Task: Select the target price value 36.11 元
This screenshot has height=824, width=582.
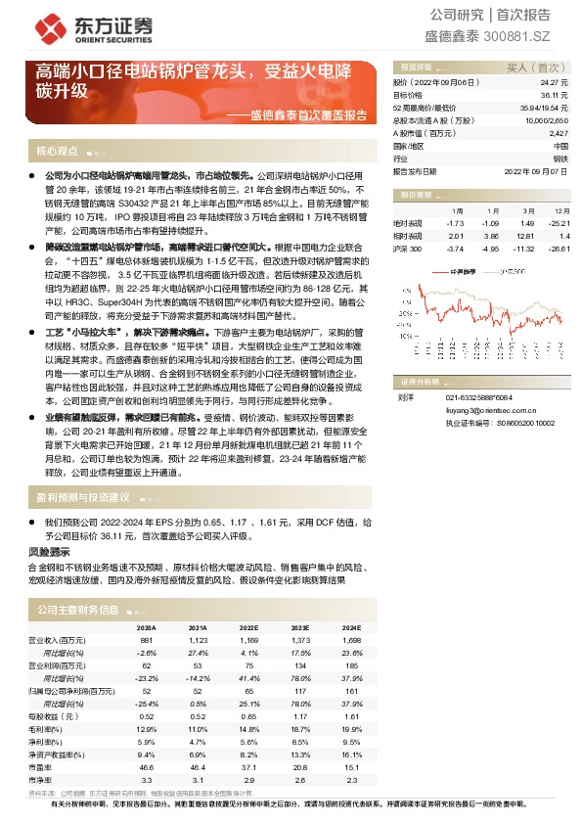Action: (x=556, y=96)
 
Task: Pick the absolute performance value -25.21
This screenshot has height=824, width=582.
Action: (x=556, y=224)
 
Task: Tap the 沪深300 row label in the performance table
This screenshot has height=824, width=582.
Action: (x=408, y=250)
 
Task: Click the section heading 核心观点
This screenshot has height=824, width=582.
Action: (x=57, y=152)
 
